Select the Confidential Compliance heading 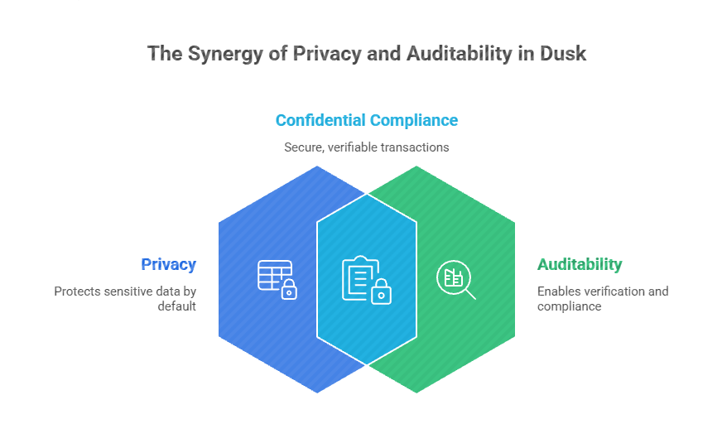[x=366, y=120]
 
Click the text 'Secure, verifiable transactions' [x=366, y=147]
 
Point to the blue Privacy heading [x=168, y=265]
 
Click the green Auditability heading [x=580, y=265]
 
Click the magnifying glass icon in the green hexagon [x=456, y=279]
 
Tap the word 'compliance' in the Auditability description [x=569, y=306]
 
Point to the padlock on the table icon [x=289, y=290]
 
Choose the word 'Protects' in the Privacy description [x=76, y=291]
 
